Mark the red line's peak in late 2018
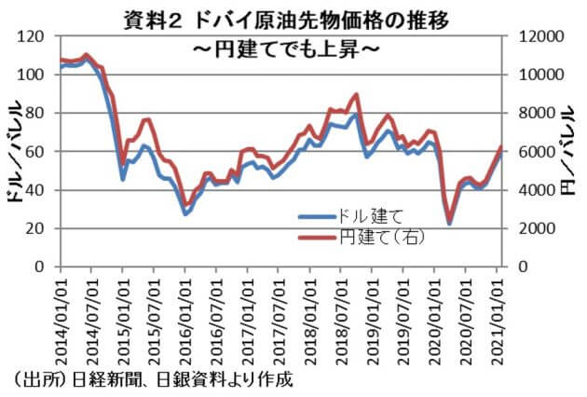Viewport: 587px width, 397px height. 356,95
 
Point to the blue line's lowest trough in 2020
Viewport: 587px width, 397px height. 449,224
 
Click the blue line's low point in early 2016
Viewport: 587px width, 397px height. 185,213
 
